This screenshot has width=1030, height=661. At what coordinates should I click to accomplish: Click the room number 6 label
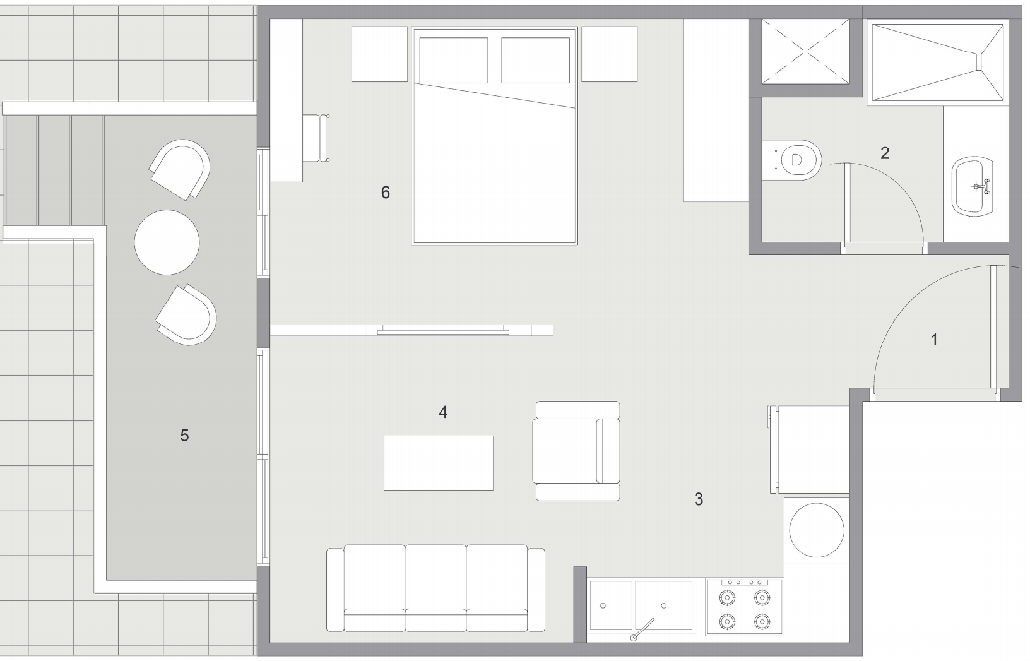386,192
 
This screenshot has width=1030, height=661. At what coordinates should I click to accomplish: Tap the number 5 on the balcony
184,435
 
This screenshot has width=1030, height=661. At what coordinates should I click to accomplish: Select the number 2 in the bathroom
885,153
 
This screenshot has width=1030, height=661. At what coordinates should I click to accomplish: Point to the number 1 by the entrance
934,340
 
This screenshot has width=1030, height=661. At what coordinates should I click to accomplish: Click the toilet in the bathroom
796,160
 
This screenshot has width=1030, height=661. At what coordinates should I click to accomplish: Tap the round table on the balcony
167,242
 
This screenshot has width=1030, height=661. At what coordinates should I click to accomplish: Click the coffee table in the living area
439,463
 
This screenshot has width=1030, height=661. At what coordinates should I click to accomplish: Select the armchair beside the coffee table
576,451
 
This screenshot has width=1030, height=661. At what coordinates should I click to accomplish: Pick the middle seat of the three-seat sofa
435,587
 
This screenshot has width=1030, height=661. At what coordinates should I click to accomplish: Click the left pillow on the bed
453,60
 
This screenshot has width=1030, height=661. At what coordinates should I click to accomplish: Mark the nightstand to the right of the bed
609,54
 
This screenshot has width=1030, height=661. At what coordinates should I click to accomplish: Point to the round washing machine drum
817,530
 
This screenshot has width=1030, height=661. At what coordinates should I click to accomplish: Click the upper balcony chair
181,168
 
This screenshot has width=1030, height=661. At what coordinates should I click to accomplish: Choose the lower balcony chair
187,314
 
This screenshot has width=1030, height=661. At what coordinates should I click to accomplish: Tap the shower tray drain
980,61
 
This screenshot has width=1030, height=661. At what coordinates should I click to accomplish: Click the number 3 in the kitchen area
698,499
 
